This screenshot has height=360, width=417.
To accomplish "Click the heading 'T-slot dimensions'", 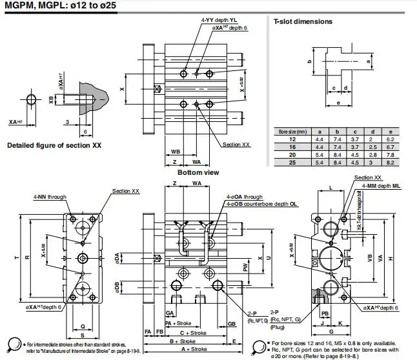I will click(303, 21).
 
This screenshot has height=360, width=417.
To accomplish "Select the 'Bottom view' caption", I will click(198, 172).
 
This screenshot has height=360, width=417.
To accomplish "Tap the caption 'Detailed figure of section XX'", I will click(55, 146).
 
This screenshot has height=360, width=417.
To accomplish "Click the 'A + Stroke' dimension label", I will click(179, 348).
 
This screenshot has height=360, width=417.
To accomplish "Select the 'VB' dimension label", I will click(370, 256).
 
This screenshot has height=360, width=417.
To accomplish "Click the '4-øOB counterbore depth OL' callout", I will click(261, 203).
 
